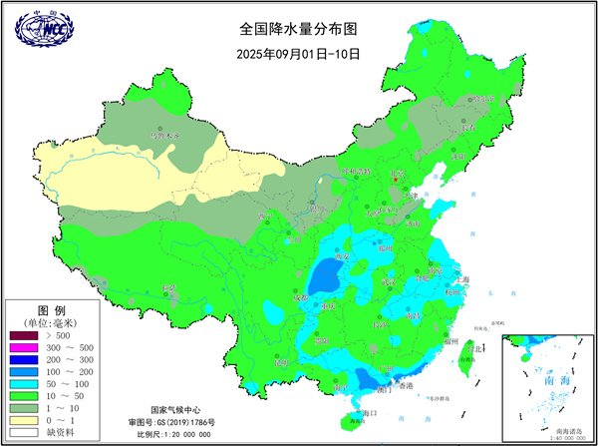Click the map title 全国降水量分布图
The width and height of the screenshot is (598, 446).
[x=298, y=29]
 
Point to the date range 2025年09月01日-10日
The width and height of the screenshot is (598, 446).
[x=298, y=52]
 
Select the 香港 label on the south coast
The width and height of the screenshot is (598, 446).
[x=406, y=385]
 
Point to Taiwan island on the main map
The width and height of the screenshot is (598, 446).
[x=463, y=359]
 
